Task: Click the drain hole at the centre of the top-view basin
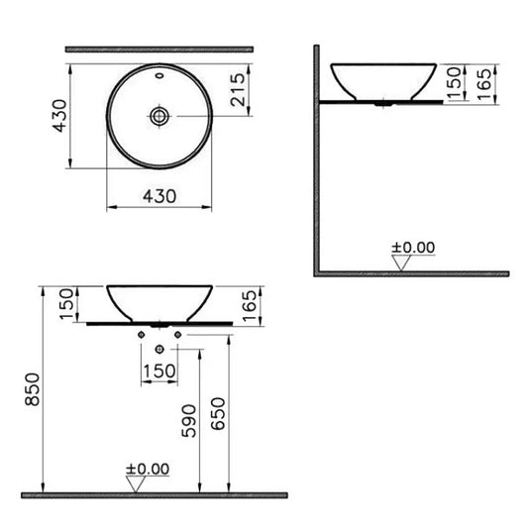click(x=159, y=116)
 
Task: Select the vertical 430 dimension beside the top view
click(x=59, y=116)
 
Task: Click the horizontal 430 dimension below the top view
click(x=159, y=196)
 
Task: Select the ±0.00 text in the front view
click(x=147, y=468)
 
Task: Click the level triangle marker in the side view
click(x=402, y=263)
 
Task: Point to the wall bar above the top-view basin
click(x=159, y=49)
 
